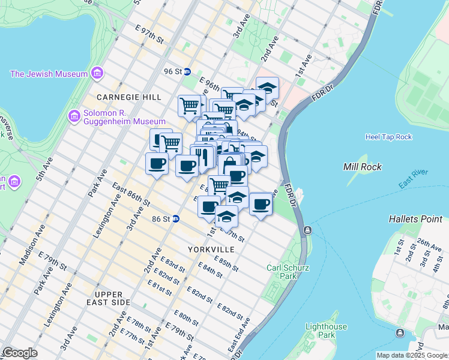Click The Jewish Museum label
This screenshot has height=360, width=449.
pos(49,74)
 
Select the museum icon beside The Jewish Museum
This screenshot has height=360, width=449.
pos(97,74)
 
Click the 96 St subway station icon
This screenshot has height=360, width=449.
pos(187,71)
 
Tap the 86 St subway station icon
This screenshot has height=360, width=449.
pos(176,219)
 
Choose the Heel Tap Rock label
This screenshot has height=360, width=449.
pos(388,137)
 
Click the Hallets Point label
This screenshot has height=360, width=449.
pos(415,219)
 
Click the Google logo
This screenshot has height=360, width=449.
pos(20,353)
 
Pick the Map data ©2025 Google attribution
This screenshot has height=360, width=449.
pos(411,355)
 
